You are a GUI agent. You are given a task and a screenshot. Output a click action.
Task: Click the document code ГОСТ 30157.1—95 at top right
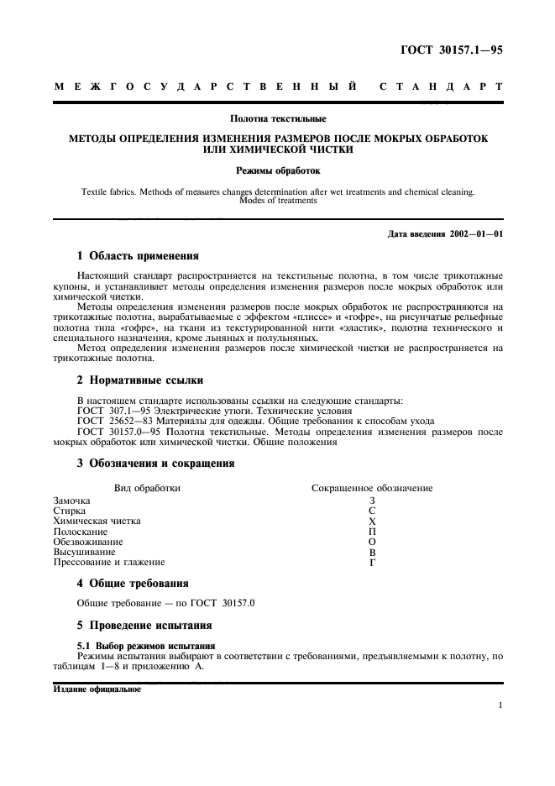pos(455,50)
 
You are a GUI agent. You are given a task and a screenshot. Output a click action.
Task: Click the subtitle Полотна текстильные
pos(277,118)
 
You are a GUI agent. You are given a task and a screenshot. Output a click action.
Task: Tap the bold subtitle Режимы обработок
pos(277,170)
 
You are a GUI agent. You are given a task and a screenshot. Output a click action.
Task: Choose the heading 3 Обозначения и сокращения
pos(155,463)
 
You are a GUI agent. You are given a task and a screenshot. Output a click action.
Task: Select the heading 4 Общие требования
pos(133,583)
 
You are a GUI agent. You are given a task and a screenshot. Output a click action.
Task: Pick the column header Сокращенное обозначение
pos(372,488)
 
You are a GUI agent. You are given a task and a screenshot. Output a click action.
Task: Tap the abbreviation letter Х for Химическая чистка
pos(372,521)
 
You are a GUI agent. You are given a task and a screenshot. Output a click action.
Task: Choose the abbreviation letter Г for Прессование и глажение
pos(372,563)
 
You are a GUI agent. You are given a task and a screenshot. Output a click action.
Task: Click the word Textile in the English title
pos(96,191)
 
